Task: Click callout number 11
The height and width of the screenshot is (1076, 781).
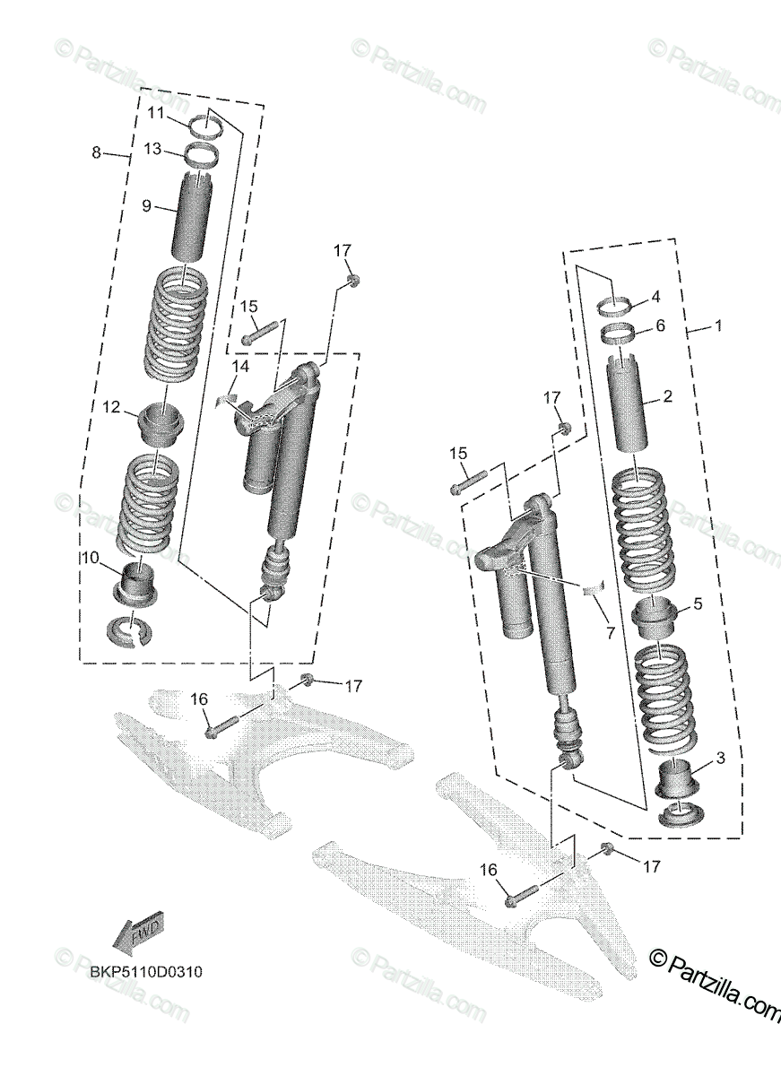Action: coord(156,113)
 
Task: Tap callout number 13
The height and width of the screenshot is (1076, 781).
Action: coord(152,149)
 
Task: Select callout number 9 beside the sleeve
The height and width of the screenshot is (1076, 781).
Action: coord(146,205)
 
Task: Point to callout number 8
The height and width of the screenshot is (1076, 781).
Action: coord(97,152)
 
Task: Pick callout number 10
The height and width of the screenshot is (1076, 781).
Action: coord(90,557)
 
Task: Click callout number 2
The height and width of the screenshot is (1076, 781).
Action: coord(666,395)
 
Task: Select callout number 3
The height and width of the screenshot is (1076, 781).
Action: coord(720,760)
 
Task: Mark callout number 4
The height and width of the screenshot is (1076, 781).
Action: coord(655,295)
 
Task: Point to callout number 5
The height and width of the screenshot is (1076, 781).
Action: coord(697,603)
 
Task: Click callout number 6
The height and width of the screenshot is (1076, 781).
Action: coord(660,326)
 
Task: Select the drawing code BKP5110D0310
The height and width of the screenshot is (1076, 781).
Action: coord(139,972)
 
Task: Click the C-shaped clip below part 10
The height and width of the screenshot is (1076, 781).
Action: coord(129,632)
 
